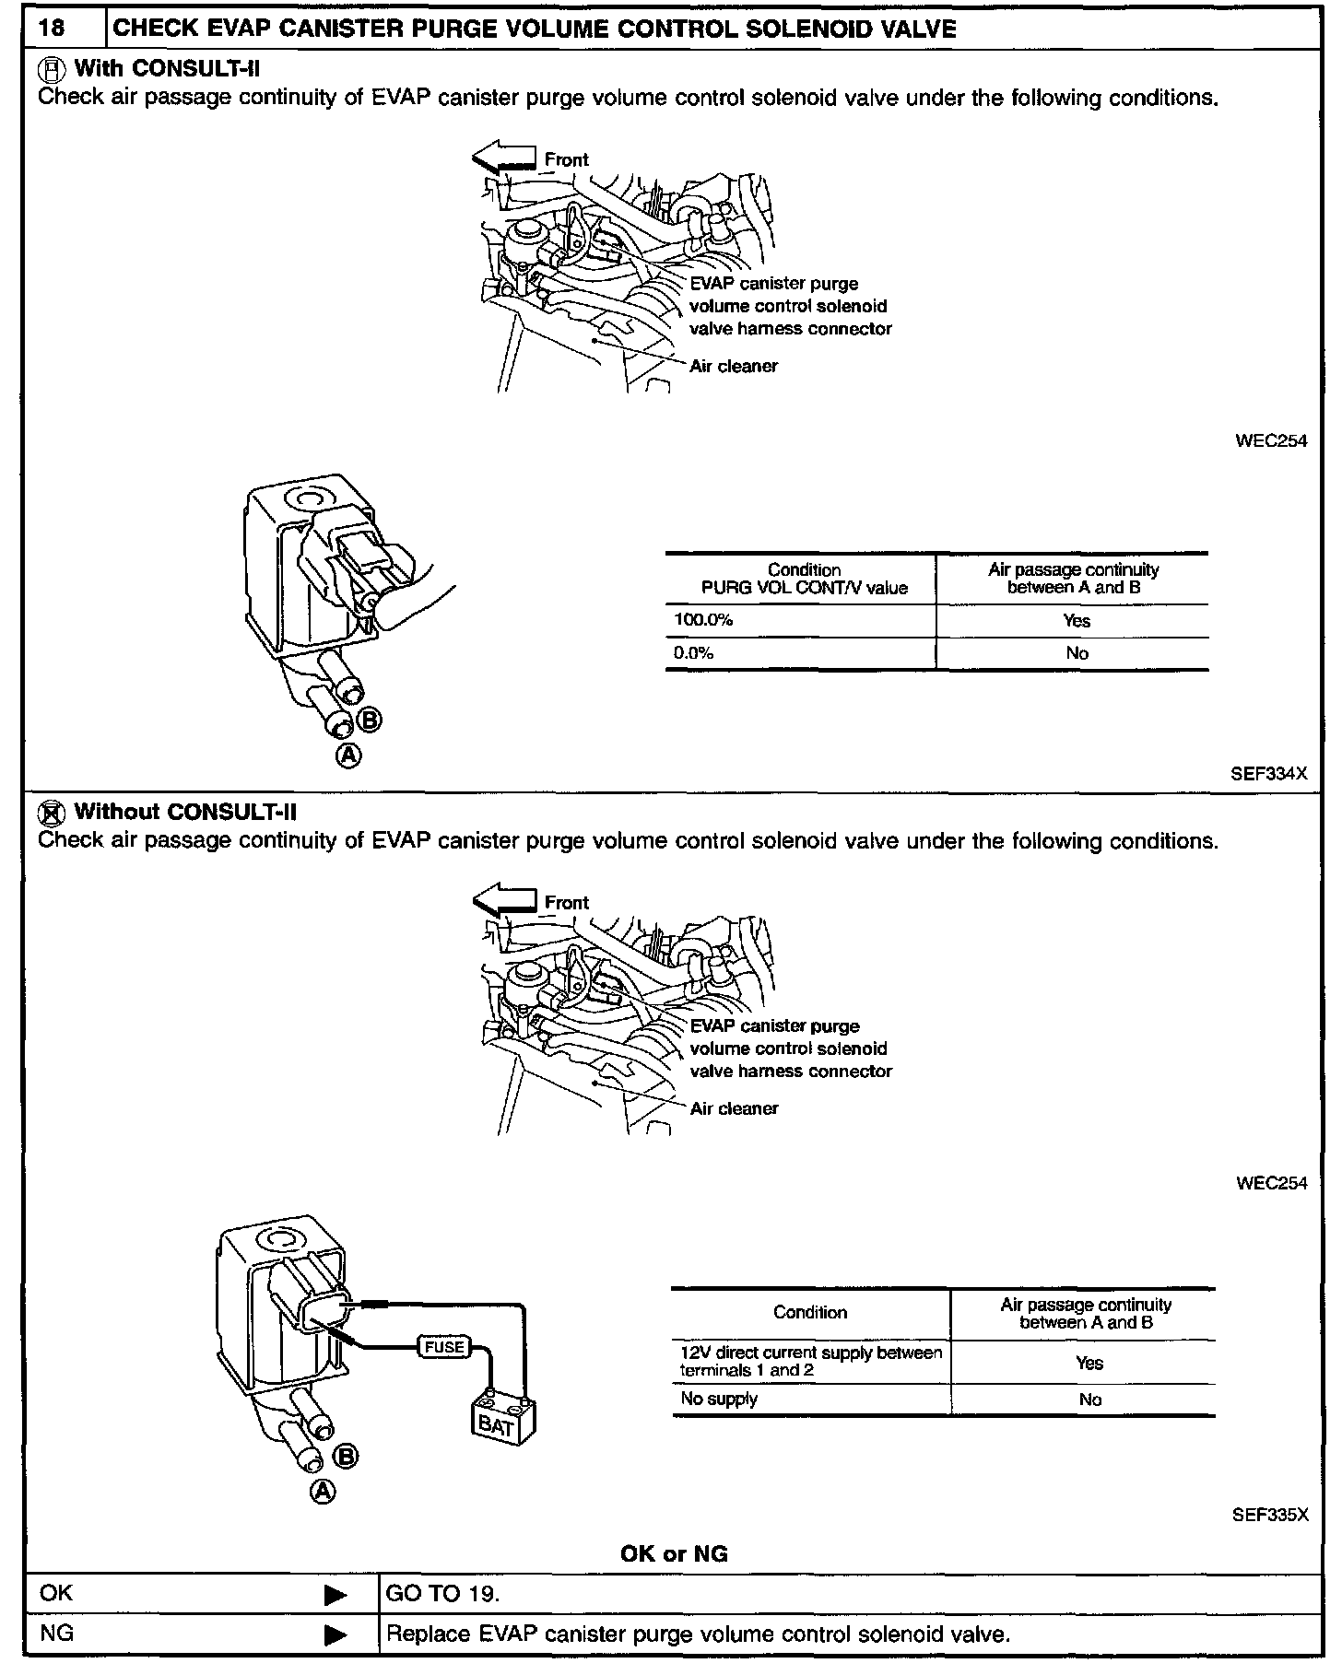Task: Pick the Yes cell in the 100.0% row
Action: click(x=1076, y=621)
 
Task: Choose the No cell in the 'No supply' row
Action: click(x=1089, y=1400)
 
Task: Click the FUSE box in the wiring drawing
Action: click(x=444, y=1347)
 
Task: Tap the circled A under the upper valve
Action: click(x=348, y=756)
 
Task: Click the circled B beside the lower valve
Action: click(x=346, y=1457)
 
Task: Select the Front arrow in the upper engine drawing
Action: click(x=503, y=158)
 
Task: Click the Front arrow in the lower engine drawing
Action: click(x=503, y=901)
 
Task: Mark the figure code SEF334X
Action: click(x=1268, y=774)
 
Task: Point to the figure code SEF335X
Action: click(x=1269, y=1515)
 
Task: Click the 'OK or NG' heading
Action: click(x=674, y=1554)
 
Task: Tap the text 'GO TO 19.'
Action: click(x=442, y=1594)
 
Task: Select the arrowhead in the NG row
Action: click(x=335, y=1635)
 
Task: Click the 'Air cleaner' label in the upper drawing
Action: click(x=734, y=366)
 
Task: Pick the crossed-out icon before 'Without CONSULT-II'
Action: click(x=52, y=812)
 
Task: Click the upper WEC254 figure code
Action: click(x=1271, y=440)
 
